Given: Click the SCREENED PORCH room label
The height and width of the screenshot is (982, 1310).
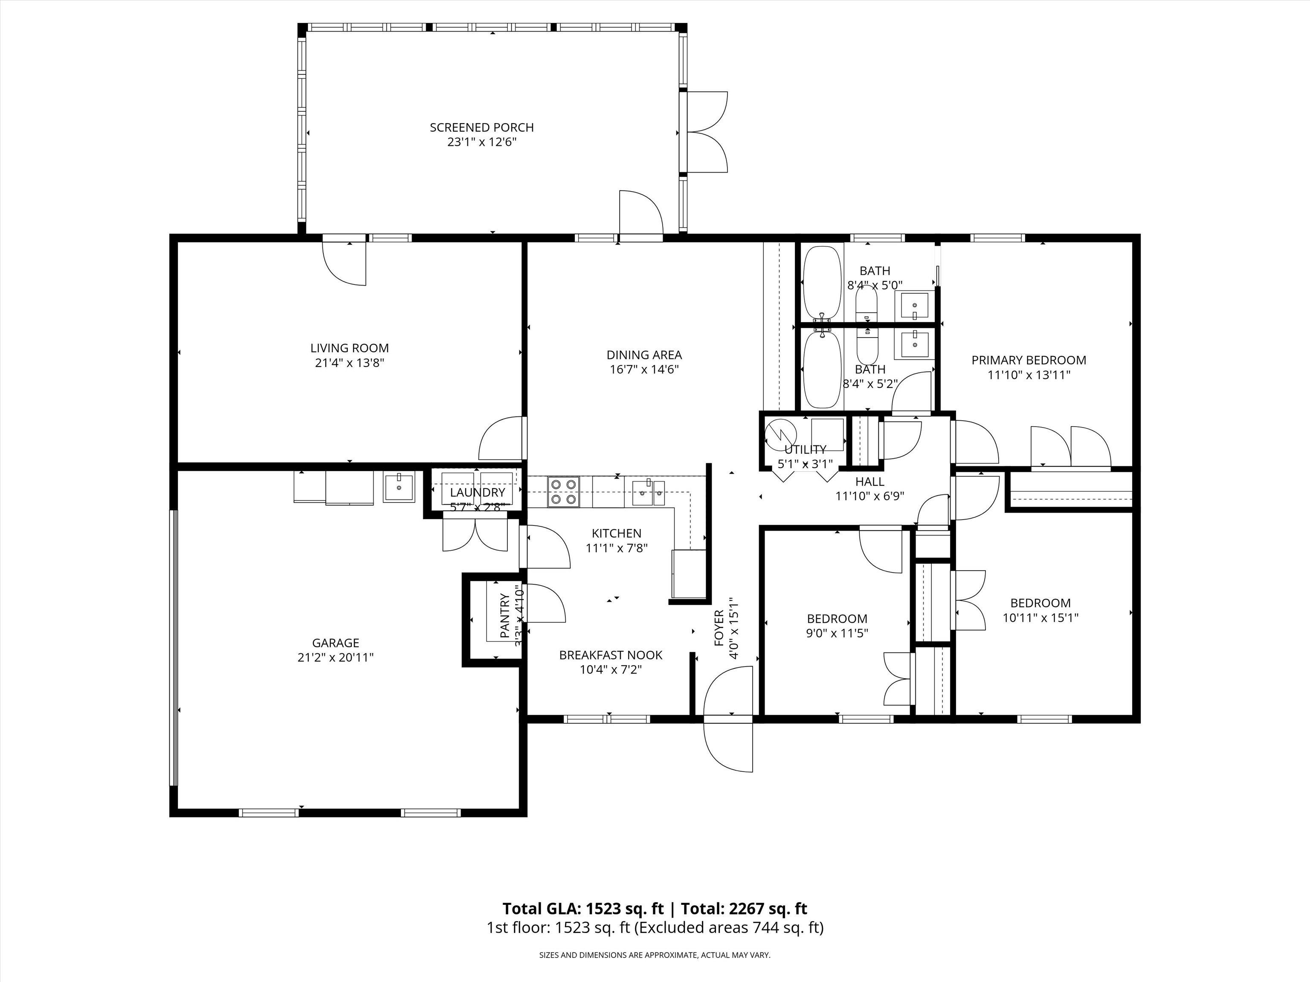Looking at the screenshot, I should pyautogui.click(x=481, y=127).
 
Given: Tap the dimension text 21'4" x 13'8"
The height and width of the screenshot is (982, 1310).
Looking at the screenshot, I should pyautogui.click(x=349, y=363).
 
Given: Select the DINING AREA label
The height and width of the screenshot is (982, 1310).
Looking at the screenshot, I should pyautogui.click(x=644, y=355).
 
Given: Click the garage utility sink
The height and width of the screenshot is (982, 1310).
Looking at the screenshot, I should pyautogui.click(x=399, y=487).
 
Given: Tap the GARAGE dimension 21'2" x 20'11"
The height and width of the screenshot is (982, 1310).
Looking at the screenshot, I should pyautogui.click(x=335, y=657).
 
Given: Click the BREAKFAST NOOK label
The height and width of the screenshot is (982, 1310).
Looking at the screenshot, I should pyautogui.click(x=611, y=655).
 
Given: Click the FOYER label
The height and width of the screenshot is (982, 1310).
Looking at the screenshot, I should pyautogui.click(x=719, y=627).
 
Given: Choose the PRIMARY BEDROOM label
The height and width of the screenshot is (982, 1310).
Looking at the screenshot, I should pyautogui.click(x=1029, y=360).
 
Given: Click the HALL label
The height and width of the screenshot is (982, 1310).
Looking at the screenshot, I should pyautogui.click(x=869, y=482).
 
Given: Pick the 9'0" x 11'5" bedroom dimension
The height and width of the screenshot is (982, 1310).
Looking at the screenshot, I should pyautogui.click(x=837, y=633).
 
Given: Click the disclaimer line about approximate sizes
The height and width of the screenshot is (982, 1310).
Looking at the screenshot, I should pyautogui.click(x=655, y=955).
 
